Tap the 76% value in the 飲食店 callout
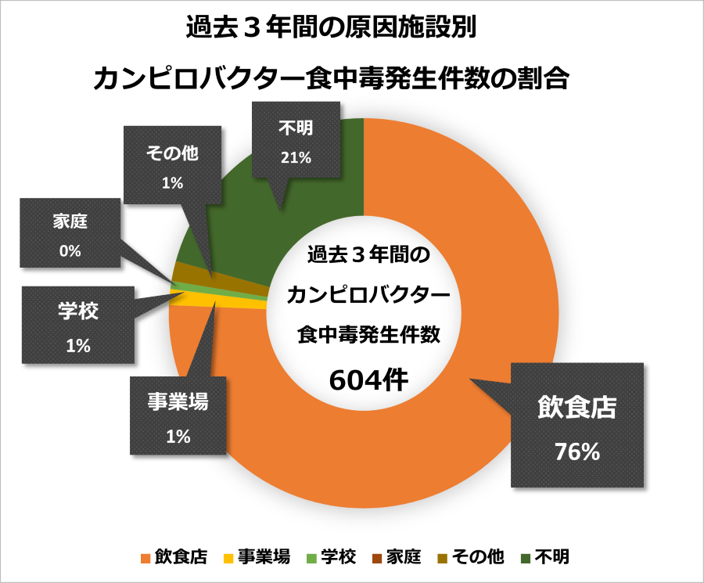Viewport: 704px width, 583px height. [577, 452]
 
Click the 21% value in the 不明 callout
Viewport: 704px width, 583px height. [296, 157]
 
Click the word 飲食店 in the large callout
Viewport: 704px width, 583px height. [577, 408]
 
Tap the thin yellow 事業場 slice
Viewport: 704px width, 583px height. [235, 304]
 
